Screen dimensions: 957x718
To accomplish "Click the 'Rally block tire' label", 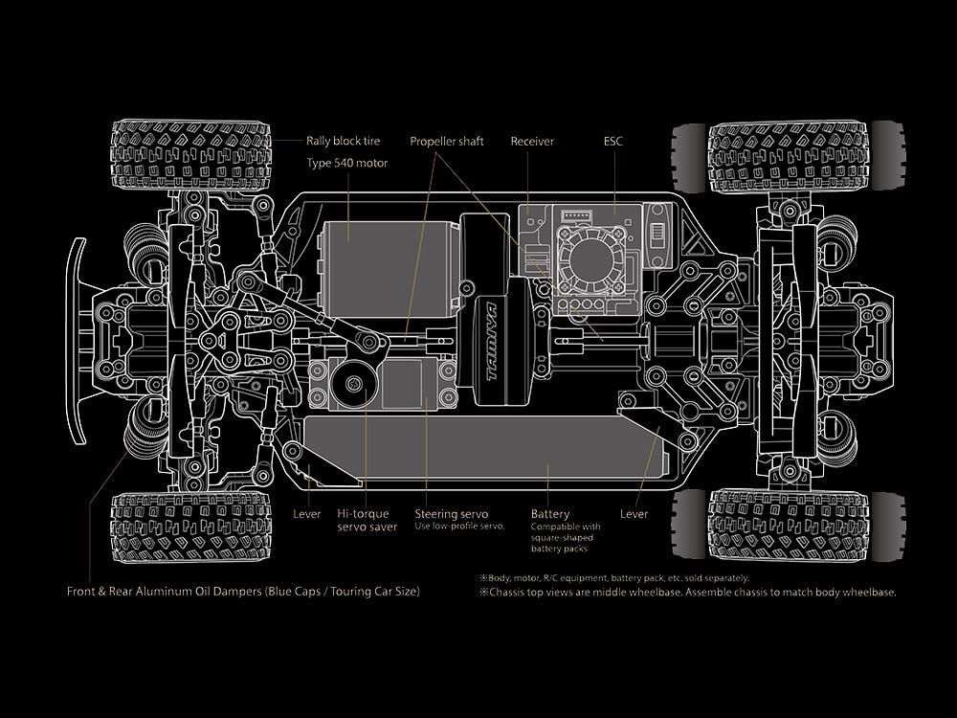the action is point(343,142).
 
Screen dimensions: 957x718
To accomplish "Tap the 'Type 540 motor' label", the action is point(346,163).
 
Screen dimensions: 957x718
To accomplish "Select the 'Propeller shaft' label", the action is point(447,142).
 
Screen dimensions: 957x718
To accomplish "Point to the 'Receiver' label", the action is point(532,142).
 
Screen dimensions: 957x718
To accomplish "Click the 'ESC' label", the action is point(613,142).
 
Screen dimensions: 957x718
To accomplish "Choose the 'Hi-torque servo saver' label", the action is point(367,520).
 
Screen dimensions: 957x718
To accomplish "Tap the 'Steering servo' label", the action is point(452,514).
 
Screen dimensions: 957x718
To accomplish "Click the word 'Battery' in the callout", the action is point(550,514).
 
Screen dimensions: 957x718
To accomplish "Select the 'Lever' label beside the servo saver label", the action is point(306,514).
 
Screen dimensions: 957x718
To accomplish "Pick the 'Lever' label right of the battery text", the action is point(634,514).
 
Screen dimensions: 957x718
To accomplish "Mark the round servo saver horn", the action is point(353,384).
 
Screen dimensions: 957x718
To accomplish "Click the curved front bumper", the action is point(77,340).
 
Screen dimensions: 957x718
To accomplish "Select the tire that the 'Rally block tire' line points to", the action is point(190,155).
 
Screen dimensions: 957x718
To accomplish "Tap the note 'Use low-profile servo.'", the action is point(459,527).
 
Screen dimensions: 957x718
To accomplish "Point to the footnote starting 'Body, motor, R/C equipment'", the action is point(614,577).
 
